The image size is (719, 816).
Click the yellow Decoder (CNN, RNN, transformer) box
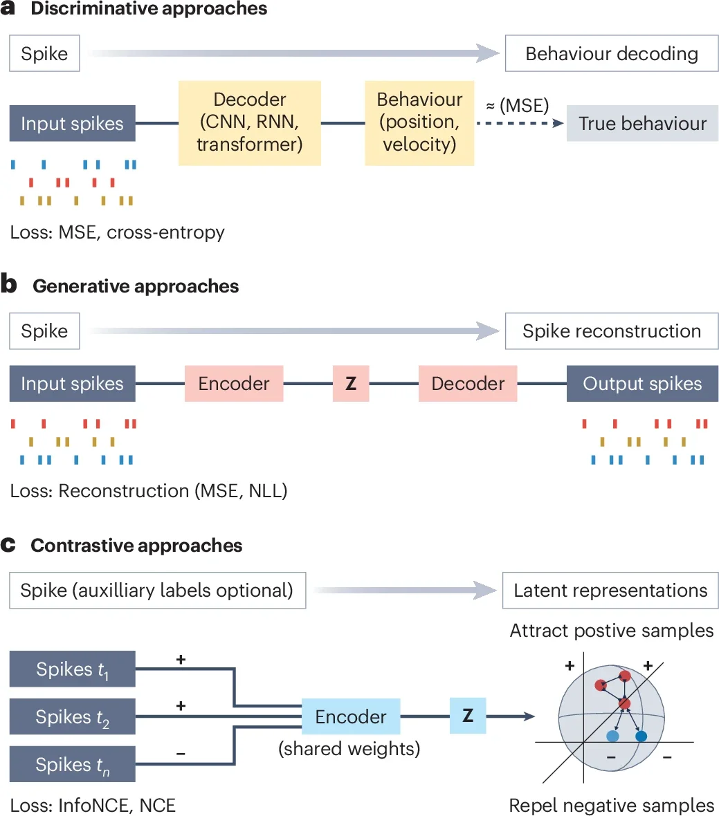tap(249, 122)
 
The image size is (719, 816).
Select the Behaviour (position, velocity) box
tap(419, 122)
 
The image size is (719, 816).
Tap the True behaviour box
tap(642, 124)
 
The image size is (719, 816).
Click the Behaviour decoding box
tap(612, 54)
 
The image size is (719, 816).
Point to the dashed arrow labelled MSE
tap(519, 124)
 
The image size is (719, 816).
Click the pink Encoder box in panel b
tap(234, 384)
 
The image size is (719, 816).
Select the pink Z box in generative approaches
tap(351, 384)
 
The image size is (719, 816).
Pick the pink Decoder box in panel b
tap(468, 384)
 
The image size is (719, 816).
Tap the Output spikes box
tap(642, 384)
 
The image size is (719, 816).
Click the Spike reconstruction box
tap(612, 331)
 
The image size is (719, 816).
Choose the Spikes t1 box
tap(72, 669)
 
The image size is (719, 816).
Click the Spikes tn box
tap(72, 765)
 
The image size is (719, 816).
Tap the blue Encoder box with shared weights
tap(351, 717)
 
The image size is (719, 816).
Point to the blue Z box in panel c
tap(468, 716)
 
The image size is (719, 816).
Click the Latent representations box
tap(610, 591)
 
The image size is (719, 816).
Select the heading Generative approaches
tap(136, 286)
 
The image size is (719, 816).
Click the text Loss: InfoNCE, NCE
tap(93, 805)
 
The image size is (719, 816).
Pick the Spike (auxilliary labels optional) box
tap(157, 591)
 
